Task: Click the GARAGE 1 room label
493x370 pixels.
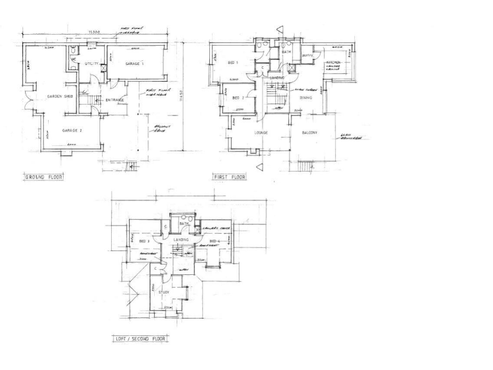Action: click(x=134, y=64)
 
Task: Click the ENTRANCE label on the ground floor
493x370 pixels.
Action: click(x=115, y=100)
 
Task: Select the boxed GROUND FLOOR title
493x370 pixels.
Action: click(x=44, y=176)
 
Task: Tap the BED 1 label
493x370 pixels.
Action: click(x=234, y=63)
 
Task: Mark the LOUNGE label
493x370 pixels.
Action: click(x=261, y=133)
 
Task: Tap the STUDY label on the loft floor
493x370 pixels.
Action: click(x=164, y=292)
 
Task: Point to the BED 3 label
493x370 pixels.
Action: click(x=144, y=242)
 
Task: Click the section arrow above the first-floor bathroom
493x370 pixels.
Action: click(x=279, y=29)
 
